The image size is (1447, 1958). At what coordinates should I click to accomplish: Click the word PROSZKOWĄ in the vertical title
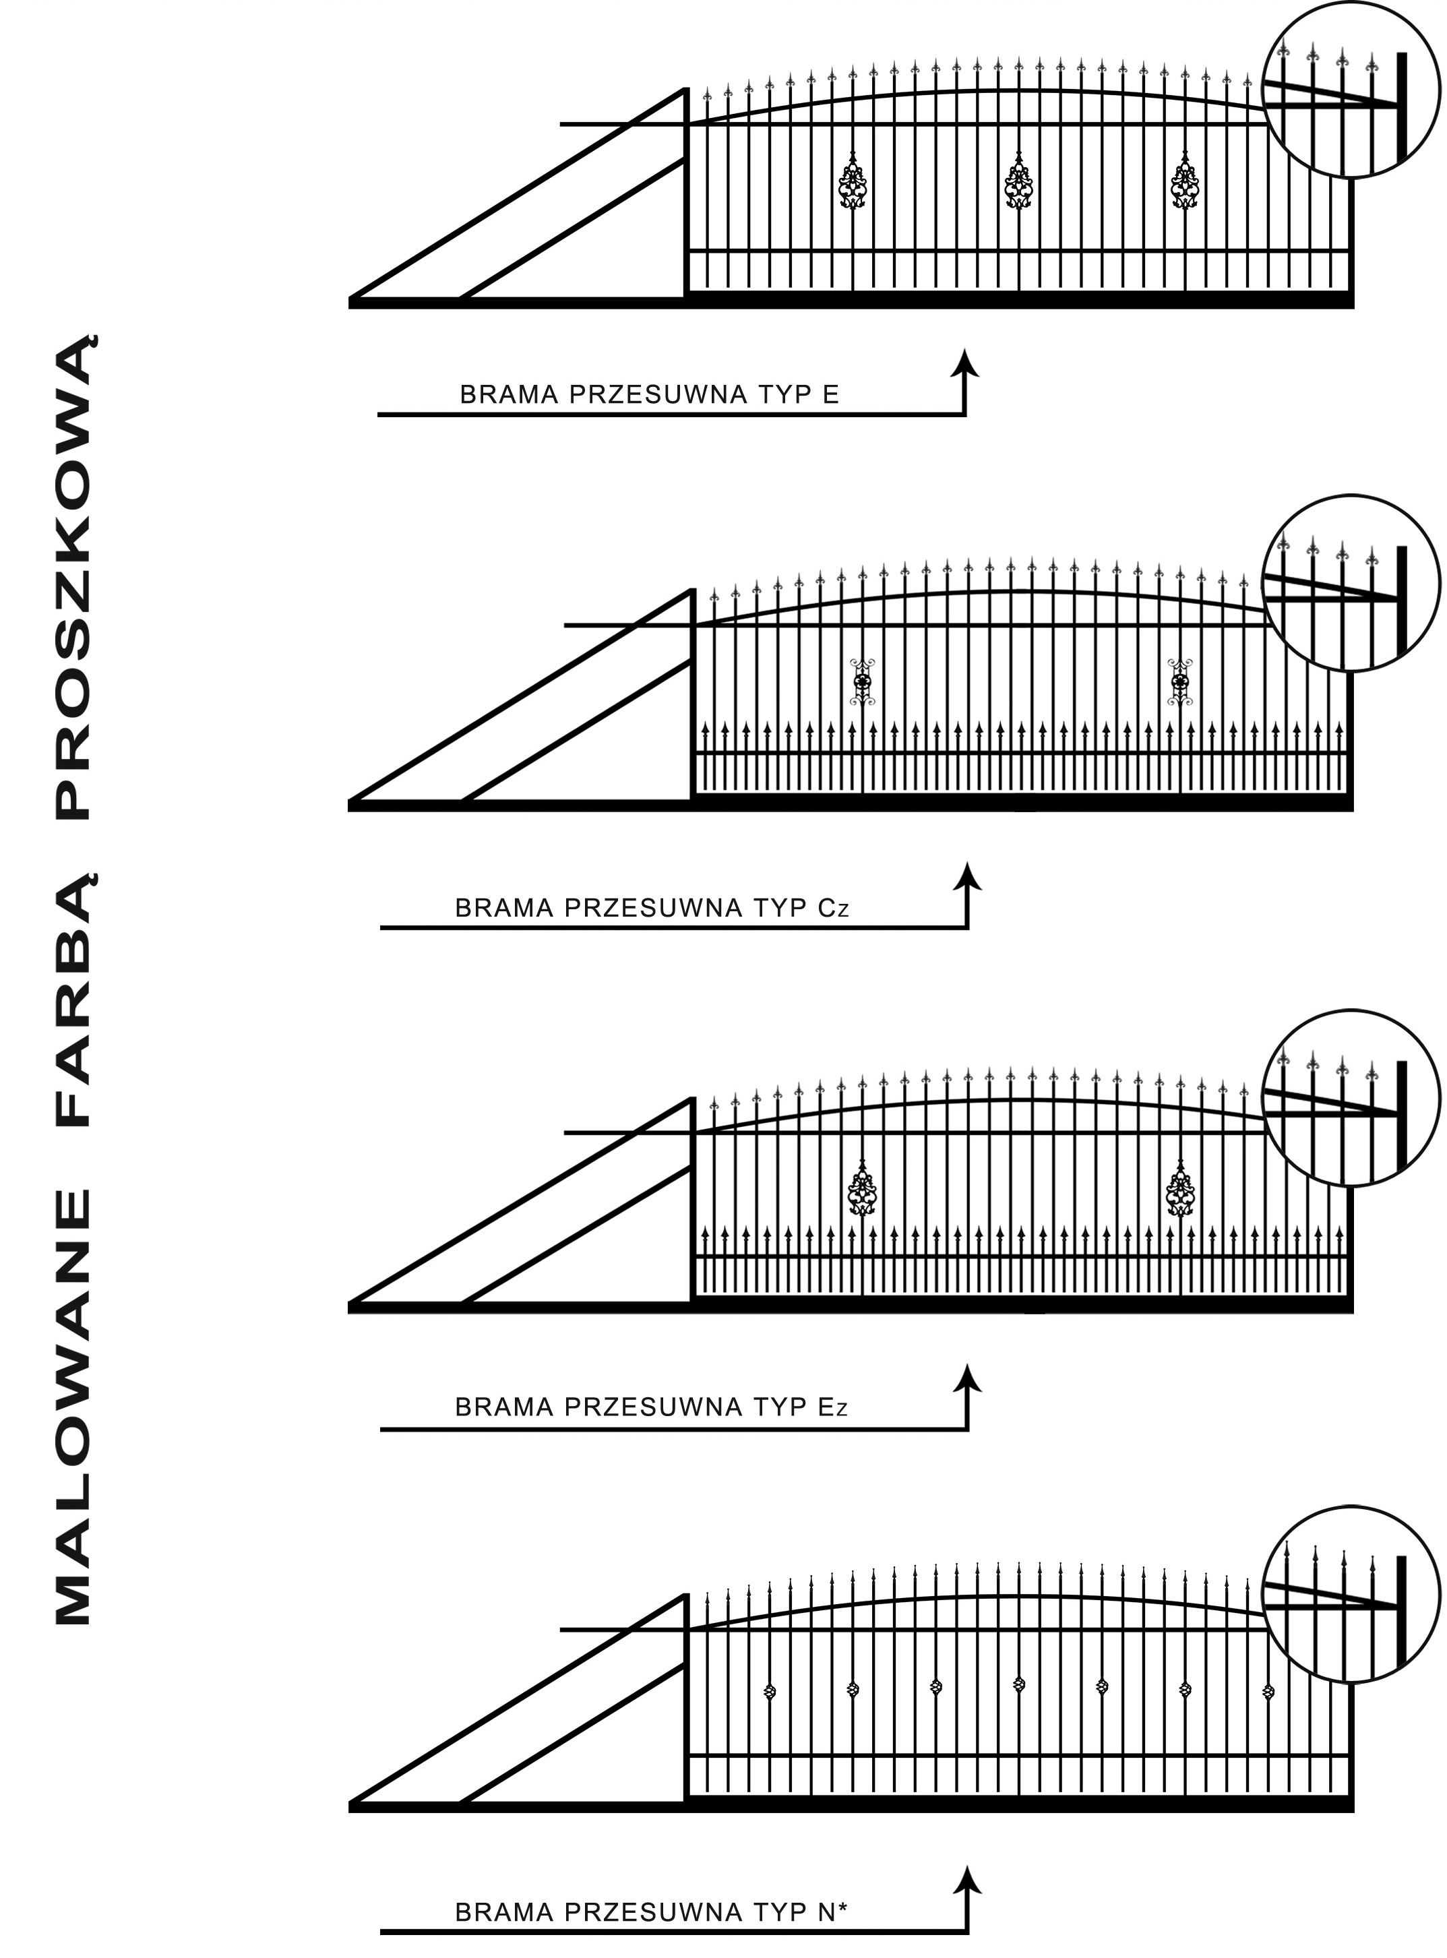pyautogui.click(x=73, y=576)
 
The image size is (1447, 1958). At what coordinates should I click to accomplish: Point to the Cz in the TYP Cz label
pyautogui.click(x=833, y=908)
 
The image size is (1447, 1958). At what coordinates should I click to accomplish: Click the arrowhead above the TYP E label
pyautogui.click(x=965, y=363)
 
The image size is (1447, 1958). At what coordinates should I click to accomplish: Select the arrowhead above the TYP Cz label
pyautogui.click(x=968, y=876)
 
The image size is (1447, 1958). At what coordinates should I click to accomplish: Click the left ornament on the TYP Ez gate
pyautogui.click(x=863, y=1187)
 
